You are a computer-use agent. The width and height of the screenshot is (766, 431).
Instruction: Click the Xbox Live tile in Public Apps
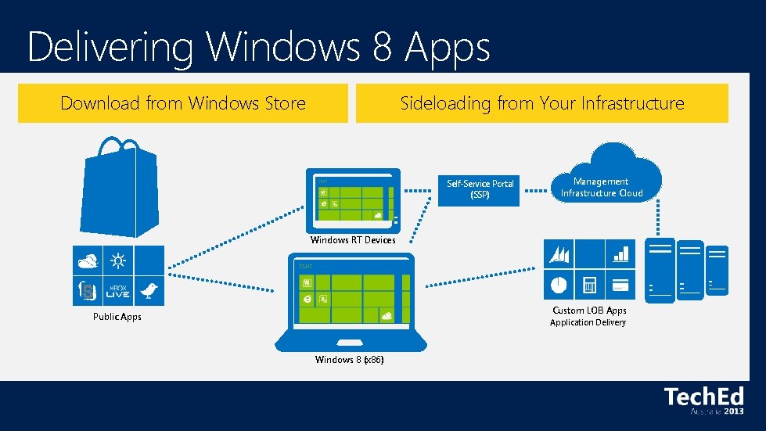(x=118, y=291)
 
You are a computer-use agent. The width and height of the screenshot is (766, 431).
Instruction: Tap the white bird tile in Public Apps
(x=149, y=291)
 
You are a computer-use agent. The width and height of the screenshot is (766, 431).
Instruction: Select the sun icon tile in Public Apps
(x=118, y=260)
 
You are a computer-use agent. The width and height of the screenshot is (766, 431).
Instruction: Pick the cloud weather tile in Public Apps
(x=88, y=260)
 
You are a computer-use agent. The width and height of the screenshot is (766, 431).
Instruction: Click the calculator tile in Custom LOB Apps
(x=589, y=283)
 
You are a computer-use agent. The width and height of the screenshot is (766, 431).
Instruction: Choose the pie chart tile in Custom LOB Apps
(x=559, y=284)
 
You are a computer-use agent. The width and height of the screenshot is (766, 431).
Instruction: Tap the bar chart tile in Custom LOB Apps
(x=620, y=253)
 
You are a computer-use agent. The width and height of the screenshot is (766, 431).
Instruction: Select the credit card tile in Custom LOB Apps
(x=620, y=284)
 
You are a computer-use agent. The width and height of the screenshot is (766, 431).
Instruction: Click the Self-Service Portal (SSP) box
(x=480, y=189)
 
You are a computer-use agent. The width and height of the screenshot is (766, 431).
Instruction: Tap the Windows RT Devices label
(x=353, y=240)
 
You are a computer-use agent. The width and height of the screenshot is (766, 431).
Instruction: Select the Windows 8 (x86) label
(x=349, y=360)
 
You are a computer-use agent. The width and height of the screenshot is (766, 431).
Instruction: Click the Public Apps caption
(x=117, y=317)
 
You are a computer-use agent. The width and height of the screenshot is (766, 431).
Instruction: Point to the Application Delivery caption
(x=588, y=322)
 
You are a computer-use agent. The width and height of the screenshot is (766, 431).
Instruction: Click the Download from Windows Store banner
(x=183, y=103)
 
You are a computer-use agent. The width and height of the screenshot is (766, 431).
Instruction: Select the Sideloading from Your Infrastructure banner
(x=541, y=103)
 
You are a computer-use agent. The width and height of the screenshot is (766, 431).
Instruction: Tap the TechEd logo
(x=703, y=400)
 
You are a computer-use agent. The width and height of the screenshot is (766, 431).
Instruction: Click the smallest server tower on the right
(x=717, y=271)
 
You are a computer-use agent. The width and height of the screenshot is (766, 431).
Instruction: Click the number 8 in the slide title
(x=382, y=46)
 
